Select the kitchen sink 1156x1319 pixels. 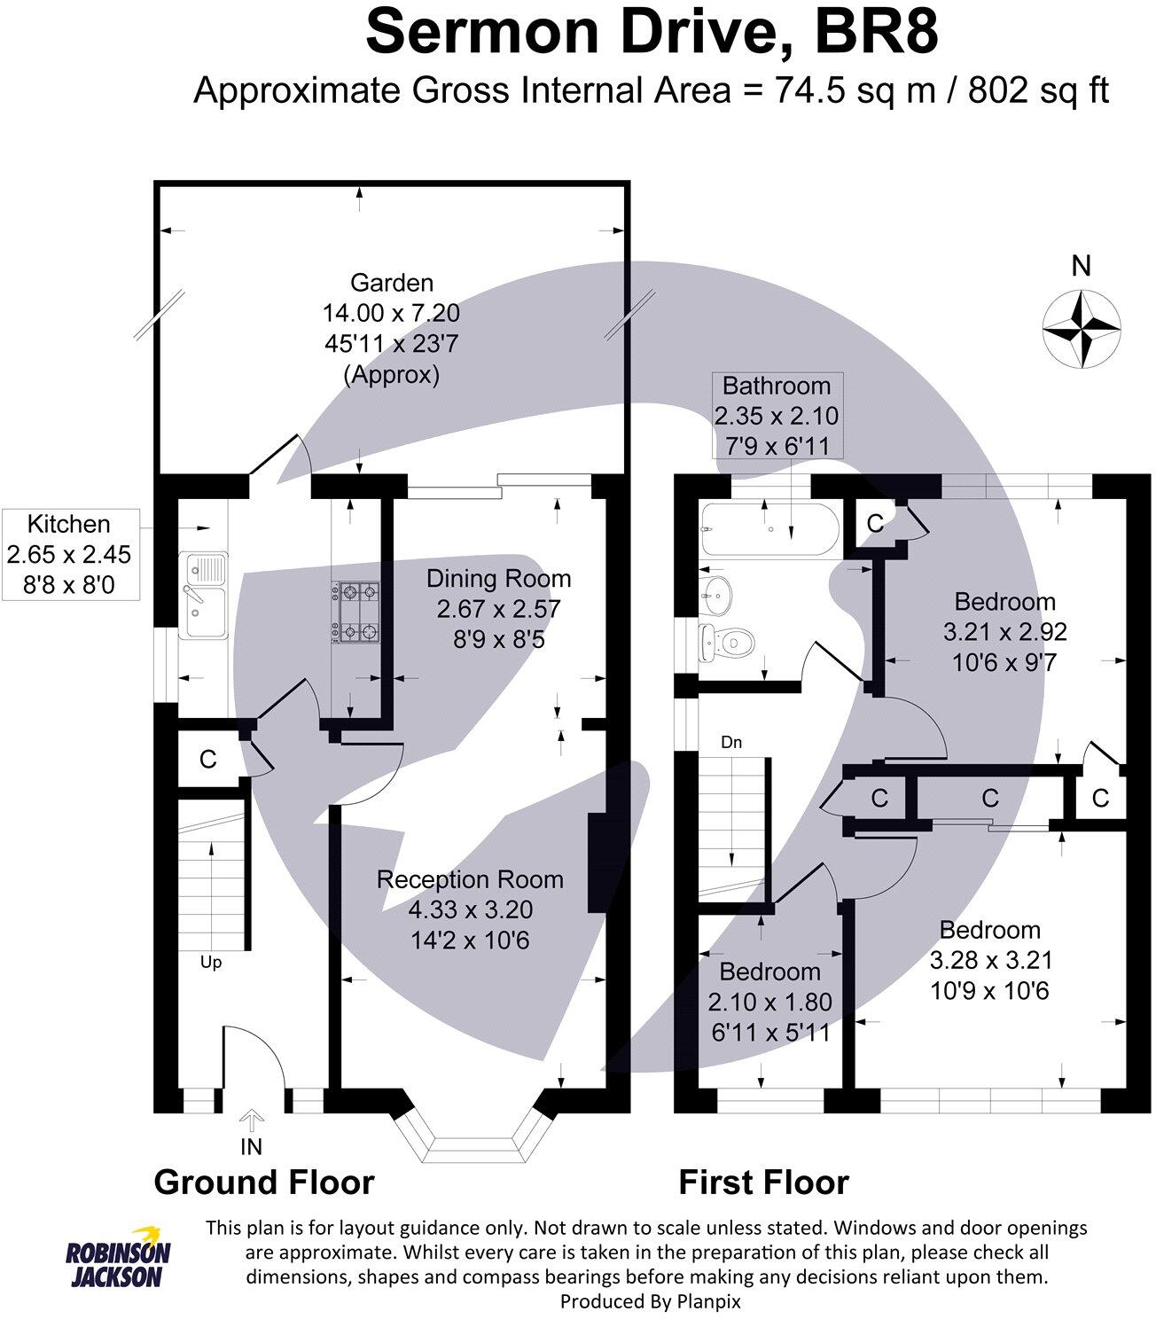[203, 595]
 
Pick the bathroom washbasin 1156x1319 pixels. [717, 594]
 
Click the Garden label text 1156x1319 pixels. [392, 283]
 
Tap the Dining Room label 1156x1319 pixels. [498, 579]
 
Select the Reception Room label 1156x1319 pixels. [470, 879]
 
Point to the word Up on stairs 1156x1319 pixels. [211, 962]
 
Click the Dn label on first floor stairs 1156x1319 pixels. [731, 742]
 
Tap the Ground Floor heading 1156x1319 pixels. [264, 1182]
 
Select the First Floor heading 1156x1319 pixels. [763, 1182]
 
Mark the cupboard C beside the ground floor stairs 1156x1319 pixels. [208, 760]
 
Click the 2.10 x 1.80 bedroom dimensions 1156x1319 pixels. [769, 1002]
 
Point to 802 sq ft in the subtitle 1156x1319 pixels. [1038, 90]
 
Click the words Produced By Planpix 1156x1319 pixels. [650, 1301]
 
